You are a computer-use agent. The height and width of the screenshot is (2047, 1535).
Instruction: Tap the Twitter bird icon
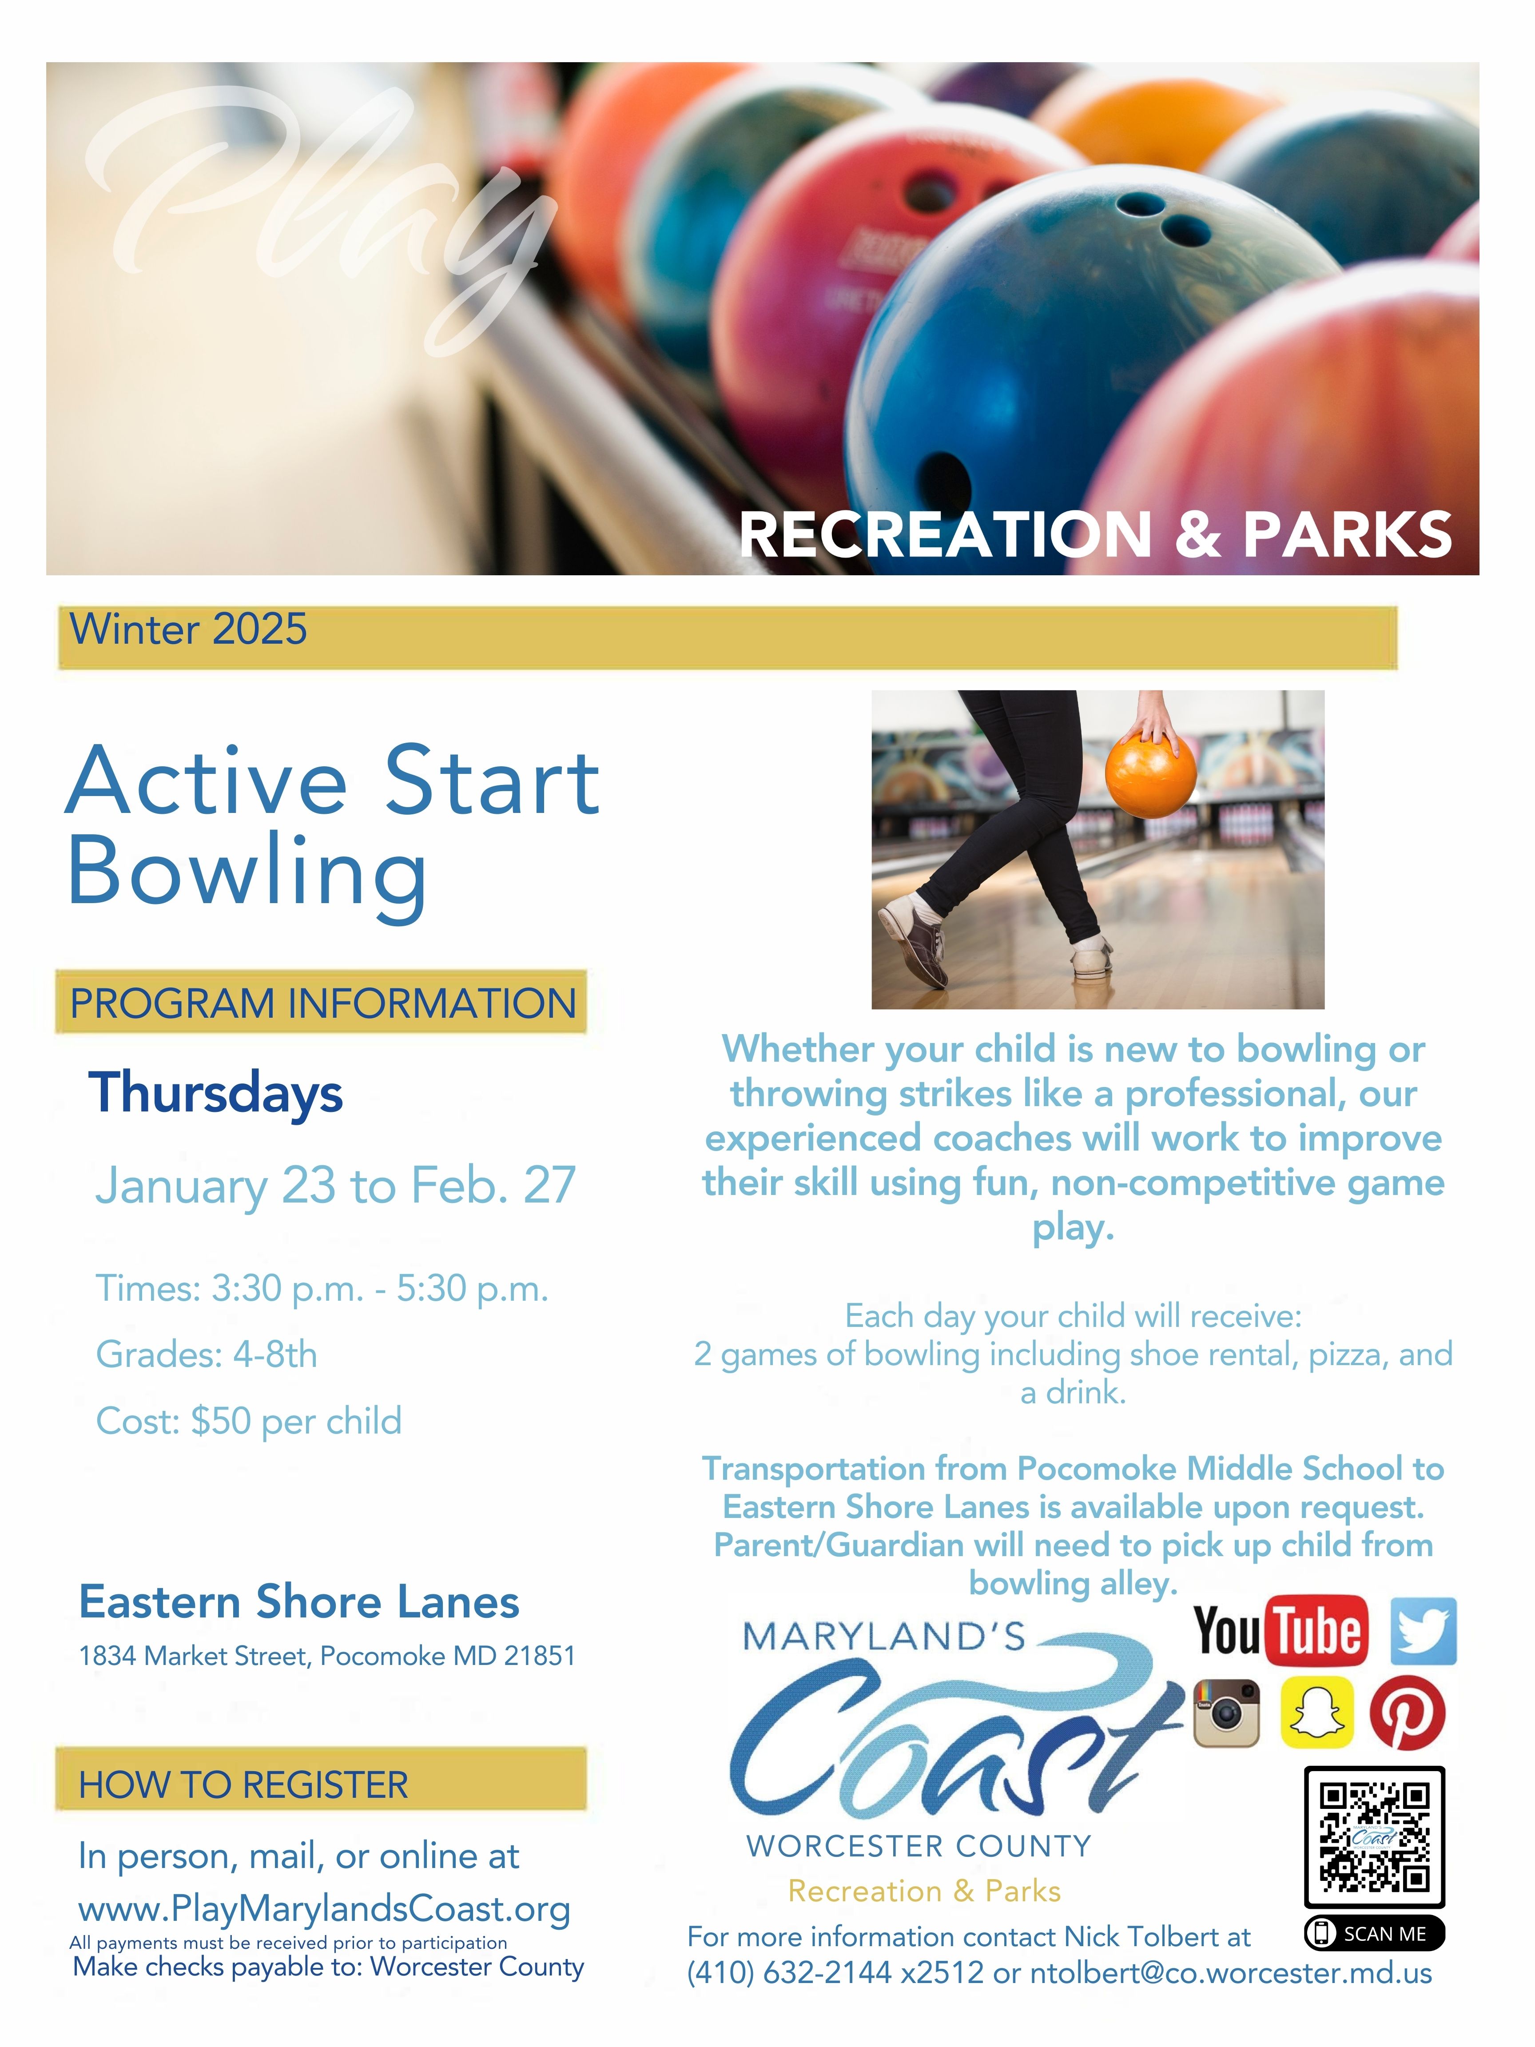tap(1424, 1631)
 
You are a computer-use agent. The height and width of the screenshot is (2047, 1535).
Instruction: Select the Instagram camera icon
tap(1227, 1713)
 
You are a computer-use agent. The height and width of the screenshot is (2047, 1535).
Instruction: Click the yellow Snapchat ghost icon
tap(1316, 1713)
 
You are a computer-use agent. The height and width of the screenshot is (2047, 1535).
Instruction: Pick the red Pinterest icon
tap(1408, 1713)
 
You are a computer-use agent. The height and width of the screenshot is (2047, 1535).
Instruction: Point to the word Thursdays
tap(215, 1093)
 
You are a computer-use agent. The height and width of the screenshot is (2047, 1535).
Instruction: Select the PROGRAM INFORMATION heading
tap(323, 1003)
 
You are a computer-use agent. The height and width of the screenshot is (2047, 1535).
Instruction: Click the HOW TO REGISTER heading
tap(243, 1784)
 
